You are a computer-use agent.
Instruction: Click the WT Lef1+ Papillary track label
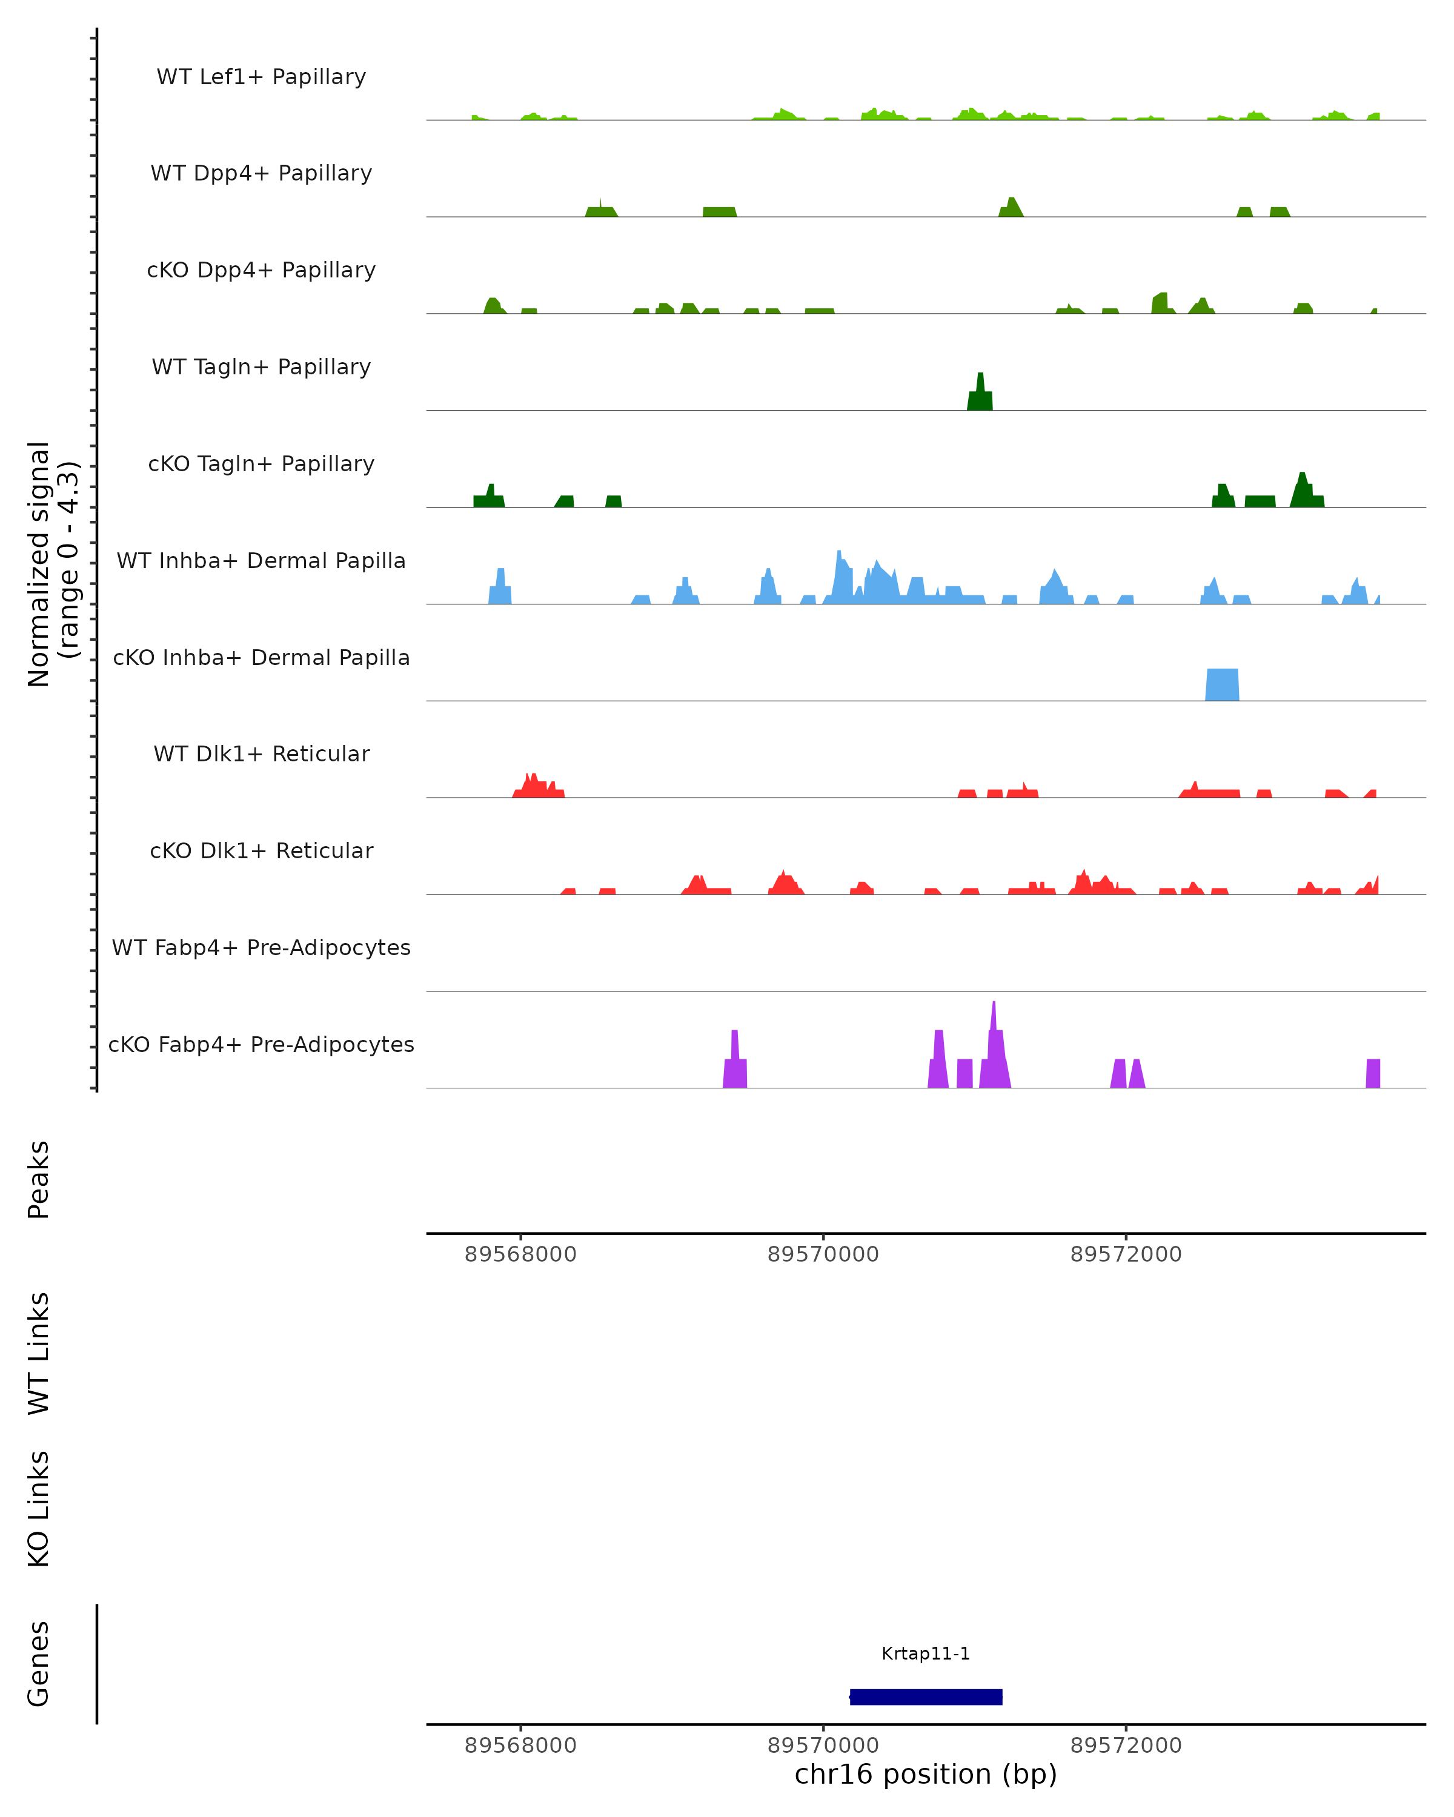[x=261, y=77]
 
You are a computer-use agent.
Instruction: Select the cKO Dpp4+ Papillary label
[x=261, y=270]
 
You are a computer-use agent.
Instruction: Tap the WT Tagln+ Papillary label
[x=261, y=366]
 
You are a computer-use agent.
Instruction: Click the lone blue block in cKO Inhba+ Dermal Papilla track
[x=1222, y=684]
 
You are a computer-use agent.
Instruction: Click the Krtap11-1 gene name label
[x=926, y=1653]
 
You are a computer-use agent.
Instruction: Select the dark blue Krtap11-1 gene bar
[x=926, y=1696]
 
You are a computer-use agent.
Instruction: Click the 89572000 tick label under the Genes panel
[x=1126, y=1746]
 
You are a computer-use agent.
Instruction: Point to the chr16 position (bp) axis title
[x=926, y=1775]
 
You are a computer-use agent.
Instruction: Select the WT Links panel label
[x=39, y=1352]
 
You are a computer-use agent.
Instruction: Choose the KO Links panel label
[x=39, y=1509]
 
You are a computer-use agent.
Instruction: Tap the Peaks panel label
[x=39, y=1179]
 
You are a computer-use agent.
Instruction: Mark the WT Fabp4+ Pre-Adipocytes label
[x=261, y=947]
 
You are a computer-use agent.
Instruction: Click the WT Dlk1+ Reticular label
[x=261, y=753]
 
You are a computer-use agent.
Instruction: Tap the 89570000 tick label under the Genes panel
[x=823, y=1746]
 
